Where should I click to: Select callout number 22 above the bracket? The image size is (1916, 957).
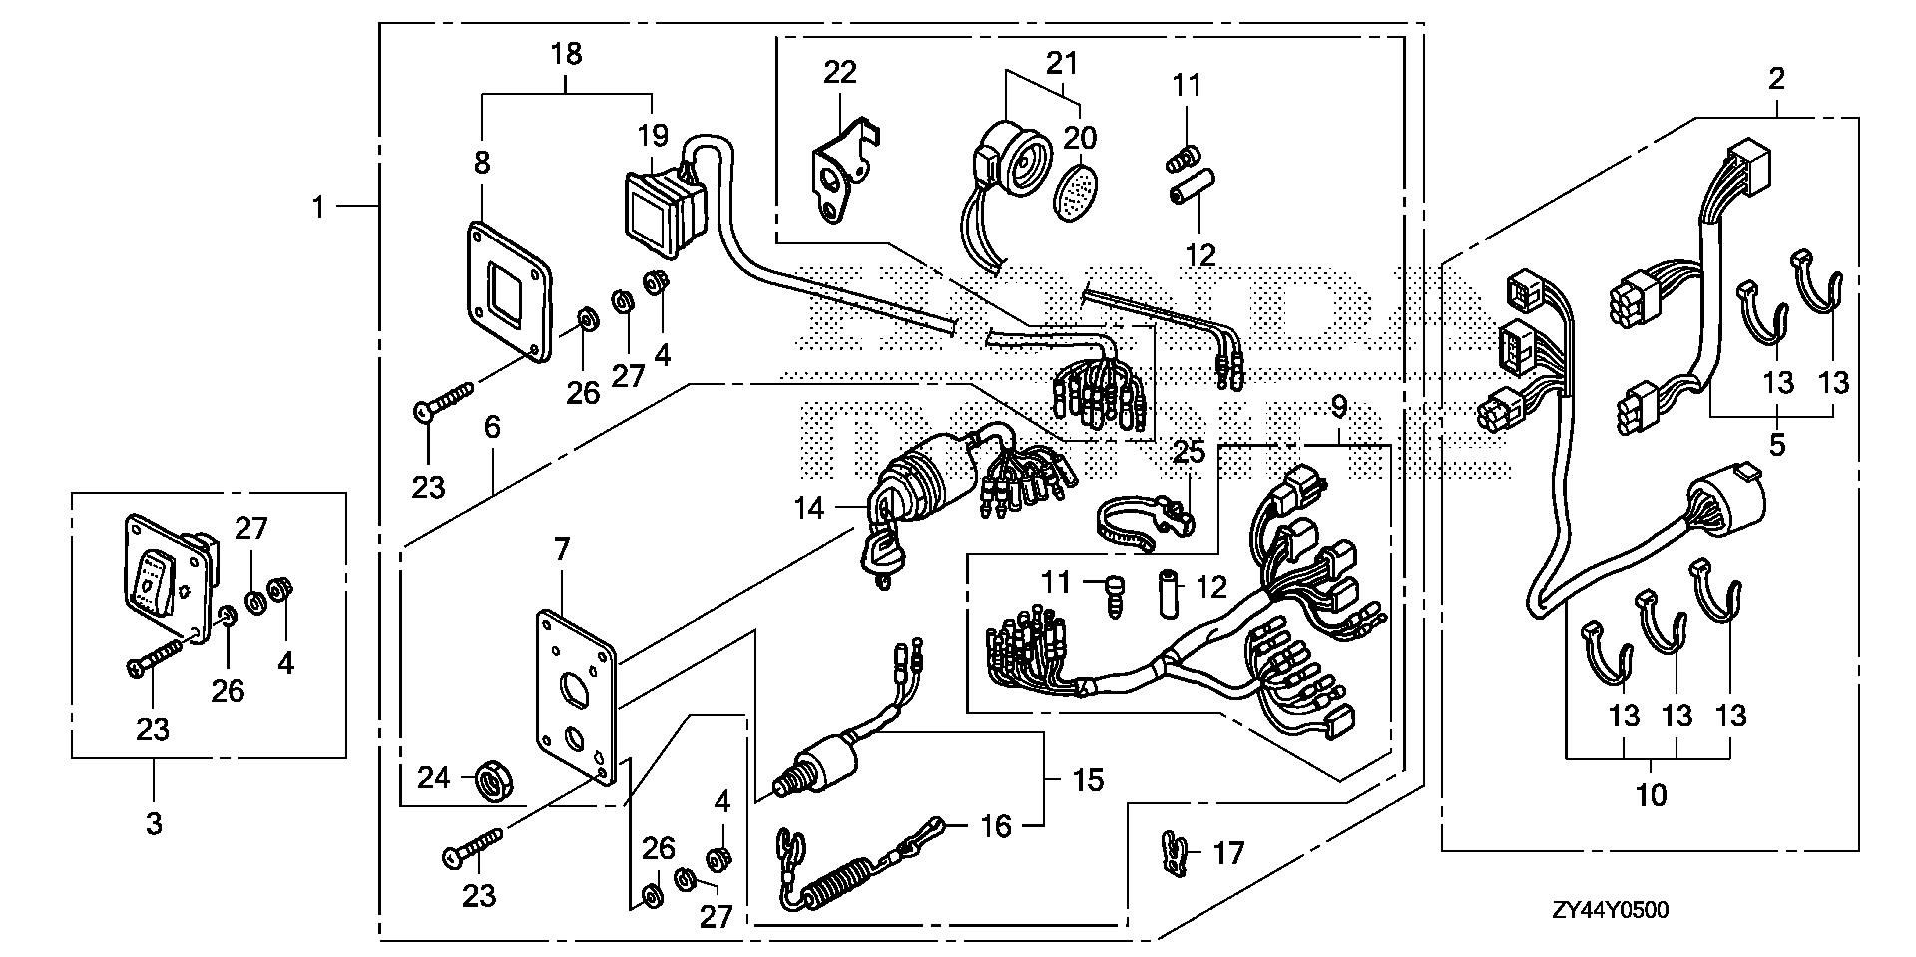pyautogui.click(x=840, y=73)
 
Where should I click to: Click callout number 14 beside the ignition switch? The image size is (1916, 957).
pyautogui.click(x=809, y=509)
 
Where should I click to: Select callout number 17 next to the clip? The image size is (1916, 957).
pyautogui.click(x=1228, y=854)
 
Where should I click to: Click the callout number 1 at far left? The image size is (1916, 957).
pyautogui.click(x=318, y=208)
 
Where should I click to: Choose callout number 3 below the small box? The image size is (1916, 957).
pyautogui.click(x=154, y=823)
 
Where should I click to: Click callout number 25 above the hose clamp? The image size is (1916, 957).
pyautogui.click(x=1189, y=452)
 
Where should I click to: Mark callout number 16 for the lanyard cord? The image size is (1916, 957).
pyautogui.click(x=995, y=826)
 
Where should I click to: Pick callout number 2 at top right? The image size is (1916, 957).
pyautogui.click(x=1776, y=78)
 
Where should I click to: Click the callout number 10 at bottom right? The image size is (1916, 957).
pyautogui.click(x=1653, y=795)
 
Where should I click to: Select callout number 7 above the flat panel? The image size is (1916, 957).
pyautogui.click(x=562, y=548)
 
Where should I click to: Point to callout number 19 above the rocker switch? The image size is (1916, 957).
pyautogui.click(x=654, y=136)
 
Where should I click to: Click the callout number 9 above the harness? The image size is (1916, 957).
pyautogui.click(x=1338, y=407)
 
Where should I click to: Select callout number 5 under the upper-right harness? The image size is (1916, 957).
pyautogui.click(x=1776, y=444)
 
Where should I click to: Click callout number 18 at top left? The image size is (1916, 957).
pyautogui.click(x=566, y=53)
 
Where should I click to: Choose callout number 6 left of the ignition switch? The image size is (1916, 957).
pyautogui.click(x=492, y=427)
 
